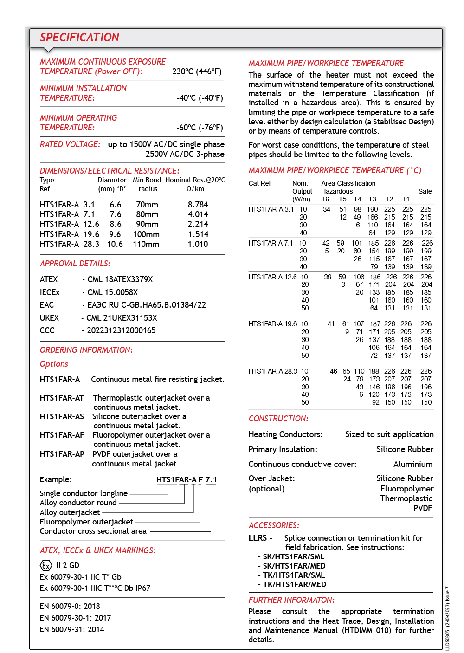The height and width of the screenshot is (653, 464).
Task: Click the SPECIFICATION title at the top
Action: [x=79, y=38]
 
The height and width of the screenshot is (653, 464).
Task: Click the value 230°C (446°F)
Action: [x=197, y=71]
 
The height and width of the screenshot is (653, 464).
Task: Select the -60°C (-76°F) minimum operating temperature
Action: [x=200, y=128]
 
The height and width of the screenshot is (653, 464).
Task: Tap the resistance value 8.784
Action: [x=198, y=205]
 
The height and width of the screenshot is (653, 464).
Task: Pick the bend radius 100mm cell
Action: [x=146, y=234]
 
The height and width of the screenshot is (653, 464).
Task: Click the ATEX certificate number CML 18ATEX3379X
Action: [x=120, y=279]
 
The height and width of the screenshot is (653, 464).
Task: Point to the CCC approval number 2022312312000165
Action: [x=121, y=330]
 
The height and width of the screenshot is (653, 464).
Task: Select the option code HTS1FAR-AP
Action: [x=62, y=454]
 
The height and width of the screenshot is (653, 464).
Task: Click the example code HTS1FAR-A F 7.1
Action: [x=187, y=479]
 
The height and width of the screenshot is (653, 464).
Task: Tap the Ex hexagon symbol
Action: [x=45, y=565]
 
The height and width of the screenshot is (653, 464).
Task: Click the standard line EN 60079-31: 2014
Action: [x=72, y=629]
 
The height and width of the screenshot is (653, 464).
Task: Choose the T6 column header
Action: [x=325, y=199]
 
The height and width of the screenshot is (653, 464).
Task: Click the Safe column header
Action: [x=425, y=191]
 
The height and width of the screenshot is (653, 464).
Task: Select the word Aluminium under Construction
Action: [x=412, y=464]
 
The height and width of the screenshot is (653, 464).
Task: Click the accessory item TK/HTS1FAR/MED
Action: [x=294, y=584]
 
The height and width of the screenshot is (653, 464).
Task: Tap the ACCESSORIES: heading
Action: [x=274, y=525]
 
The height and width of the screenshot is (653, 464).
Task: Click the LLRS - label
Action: [x=260, y=538]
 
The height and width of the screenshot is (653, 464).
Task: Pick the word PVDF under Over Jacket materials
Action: [x=423, y=508]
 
